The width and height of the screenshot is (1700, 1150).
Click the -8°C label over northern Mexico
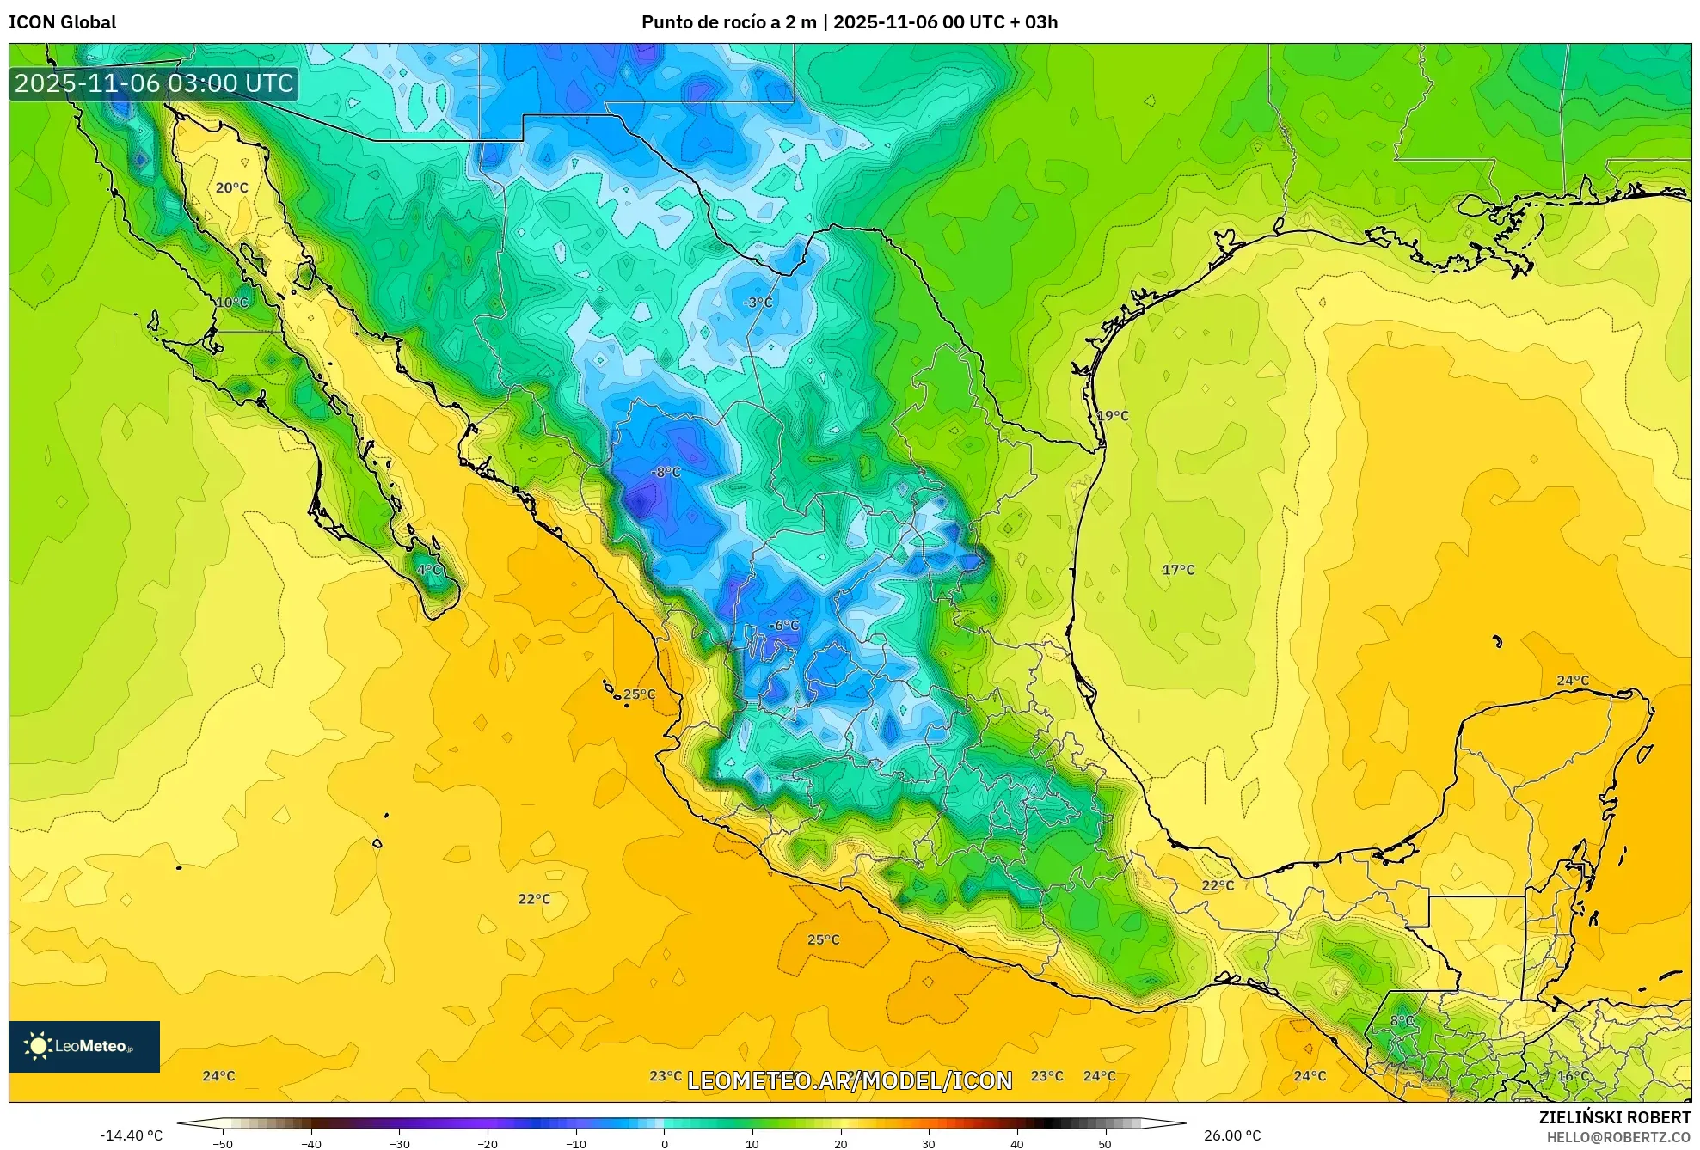tap(666, 472)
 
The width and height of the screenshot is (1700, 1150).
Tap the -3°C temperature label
tap(758, 303)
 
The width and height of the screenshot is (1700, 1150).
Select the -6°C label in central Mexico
tap(782, 626)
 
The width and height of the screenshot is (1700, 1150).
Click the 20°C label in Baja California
tap(231, 187)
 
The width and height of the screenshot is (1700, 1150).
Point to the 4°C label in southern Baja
tap(429, 570)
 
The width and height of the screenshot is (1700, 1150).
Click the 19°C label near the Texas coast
tap(1113, 416)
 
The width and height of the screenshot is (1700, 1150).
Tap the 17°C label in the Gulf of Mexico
tap(1178, 570)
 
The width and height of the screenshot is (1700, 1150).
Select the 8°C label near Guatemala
tap(1402, 1021)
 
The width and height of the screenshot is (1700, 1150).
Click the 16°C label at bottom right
tap(1573, 1076)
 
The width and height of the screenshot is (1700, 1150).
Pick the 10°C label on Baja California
tap(231, 303)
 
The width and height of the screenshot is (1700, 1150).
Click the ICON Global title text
tap(62, 22)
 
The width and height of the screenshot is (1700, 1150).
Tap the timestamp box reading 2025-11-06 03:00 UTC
tap(154, 83)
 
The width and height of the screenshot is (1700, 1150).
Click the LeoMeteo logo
tap(84, 1046)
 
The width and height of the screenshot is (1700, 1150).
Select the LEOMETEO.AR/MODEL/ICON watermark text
tap(850, 1080)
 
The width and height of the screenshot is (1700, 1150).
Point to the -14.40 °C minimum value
tap(131, 1135)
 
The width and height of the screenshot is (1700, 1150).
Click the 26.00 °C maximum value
tap(1231, 1135)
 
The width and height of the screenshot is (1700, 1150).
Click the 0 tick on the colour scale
tap(664, 1144)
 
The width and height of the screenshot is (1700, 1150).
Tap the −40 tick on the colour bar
tap(311, 1144)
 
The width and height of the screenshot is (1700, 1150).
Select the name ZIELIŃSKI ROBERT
tap(1614, 1117)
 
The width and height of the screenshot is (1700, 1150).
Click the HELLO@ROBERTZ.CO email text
tap(1618, 1137)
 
